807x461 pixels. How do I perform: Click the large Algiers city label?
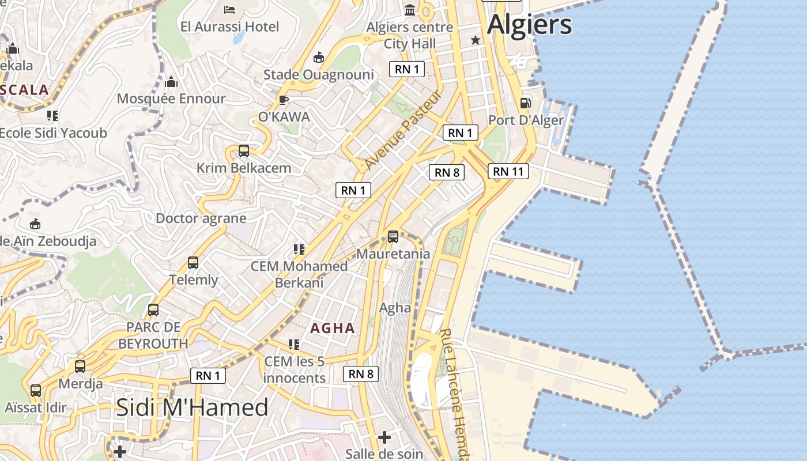pos(529,25)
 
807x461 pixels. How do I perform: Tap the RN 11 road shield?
pos(508,171)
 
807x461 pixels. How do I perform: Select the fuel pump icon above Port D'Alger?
pos(525,103)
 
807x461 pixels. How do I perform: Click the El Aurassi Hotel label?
pos(229,27)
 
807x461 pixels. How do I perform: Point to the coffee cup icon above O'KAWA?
pos(284,100)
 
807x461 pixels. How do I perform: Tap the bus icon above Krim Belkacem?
pos(244,151)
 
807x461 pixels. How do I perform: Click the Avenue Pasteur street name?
pos(403,130)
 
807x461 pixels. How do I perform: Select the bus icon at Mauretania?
pos(393,236)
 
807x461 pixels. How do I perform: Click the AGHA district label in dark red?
pos(333,328)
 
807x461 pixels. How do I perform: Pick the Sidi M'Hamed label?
pos(192,407)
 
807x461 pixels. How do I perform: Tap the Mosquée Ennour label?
pos(171,99)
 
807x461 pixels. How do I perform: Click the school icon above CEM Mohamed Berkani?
pos(299,250)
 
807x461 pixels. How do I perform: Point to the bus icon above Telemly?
pos(193,263)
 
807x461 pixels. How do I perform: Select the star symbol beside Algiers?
pos(476,40)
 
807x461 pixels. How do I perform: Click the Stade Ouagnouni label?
pos(318,75)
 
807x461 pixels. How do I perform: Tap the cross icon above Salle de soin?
pos(384,437)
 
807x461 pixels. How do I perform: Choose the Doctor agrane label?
pos(201,218)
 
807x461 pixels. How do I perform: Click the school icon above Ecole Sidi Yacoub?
pos(52,116)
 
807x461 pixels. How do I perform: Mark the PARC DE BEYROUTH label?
pos(153,335)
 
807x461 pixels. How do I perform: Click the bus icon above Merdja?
pos(80,366)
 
